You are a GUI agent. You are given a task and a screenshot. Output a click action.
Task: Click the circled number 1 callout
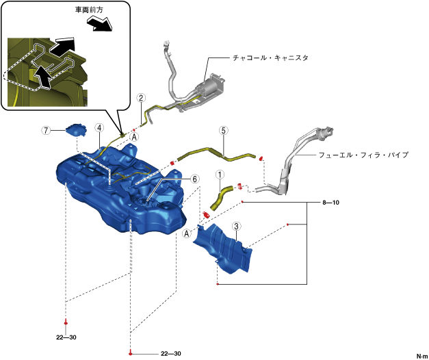click(220, 175)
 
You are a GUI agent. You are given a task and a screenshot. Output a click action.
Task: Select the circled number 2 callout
click(140, 98)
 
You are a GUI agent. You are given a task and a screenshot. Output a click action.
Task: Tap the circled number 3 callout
click(235, 227)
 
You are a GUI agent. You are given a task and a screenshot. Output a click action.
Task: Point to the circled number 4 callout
click(99, 128)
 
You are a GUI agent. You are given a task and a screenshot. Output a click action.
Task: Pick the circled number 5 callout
click(222, 129)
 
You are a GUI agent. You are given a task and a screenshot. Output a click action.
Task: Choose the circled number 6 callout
click(195, 179)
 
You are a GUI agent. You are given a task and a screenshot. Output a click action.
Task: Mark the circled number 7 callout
click(46, 130)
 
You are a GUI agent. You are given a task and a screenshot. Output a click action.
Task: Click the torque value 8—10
click(330, 203)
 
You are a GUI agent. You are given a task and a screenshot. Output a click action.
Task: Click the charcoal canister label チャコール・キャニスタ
click(270, 58)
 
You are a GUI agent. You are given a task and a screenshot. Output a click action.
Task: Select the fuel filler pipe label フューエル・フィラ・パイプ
click(363, 155)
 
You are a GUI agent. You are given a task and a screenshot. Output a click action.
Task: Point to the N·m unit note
click(421, 355)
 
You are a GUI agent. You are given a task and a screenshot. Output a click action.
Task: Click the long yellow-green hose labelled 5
click(219, 152)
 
